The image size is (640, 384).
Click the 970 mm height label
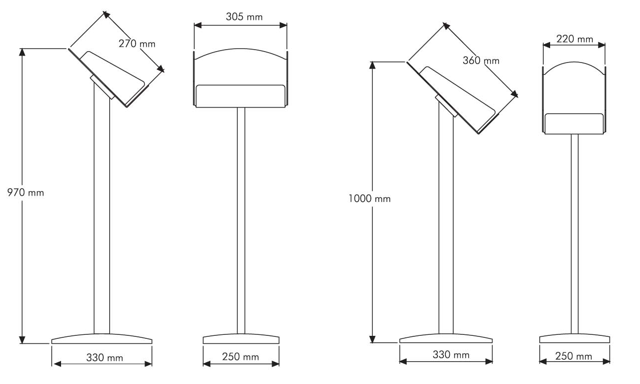coord(25,192)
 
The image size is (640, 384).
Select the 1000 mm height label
coord(369,198)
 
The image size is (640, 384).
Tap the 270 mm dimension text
coord(137,44)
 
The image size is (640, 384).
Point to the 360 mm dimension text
coord(481,61)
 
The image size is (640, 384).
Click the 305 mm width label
coord(244,17)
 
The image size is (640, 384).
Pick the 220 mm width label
coord(574,39)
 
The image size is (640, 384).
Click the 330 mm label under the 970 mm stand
coord(104,357)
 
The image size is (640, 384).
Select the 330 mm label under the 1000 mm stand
coord(451,354)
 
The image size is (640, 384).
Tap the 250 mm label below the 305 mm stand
coord(240,357)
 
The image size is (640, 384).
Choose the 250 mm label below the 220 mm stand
coord(573,356)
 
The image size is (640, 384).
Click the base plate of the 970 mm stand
coord(102,339)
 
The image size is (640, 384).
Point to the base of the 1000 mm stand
coord(446,338)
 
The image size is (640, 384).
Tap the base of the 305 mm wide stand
coord(240,339)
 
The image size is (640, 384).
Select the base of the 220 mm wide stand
coord(574,338)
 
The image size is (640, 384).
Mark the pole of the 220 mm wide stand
coord(574,233)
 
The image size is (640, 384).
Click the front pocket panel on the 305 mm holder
coord(240,96)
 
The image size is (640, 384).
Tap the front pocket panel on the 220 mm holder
coord(574,123)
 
